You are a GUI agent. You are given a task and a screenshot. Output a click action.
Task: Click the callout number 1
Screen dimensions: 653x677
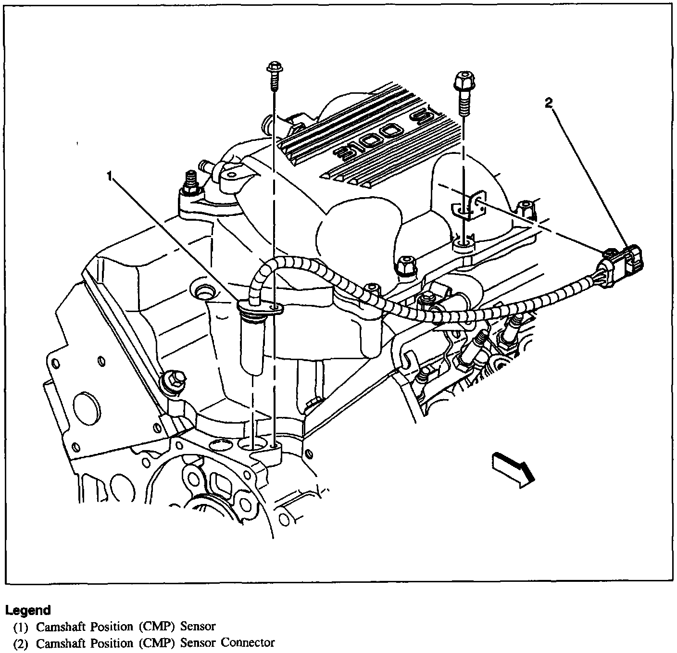111,177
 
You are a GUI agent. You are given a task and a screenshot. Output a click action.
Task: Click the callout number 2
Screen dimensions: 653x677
549,102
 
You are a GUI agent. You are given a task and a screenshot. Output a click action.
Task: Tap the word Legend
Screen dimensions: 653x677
28,610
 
